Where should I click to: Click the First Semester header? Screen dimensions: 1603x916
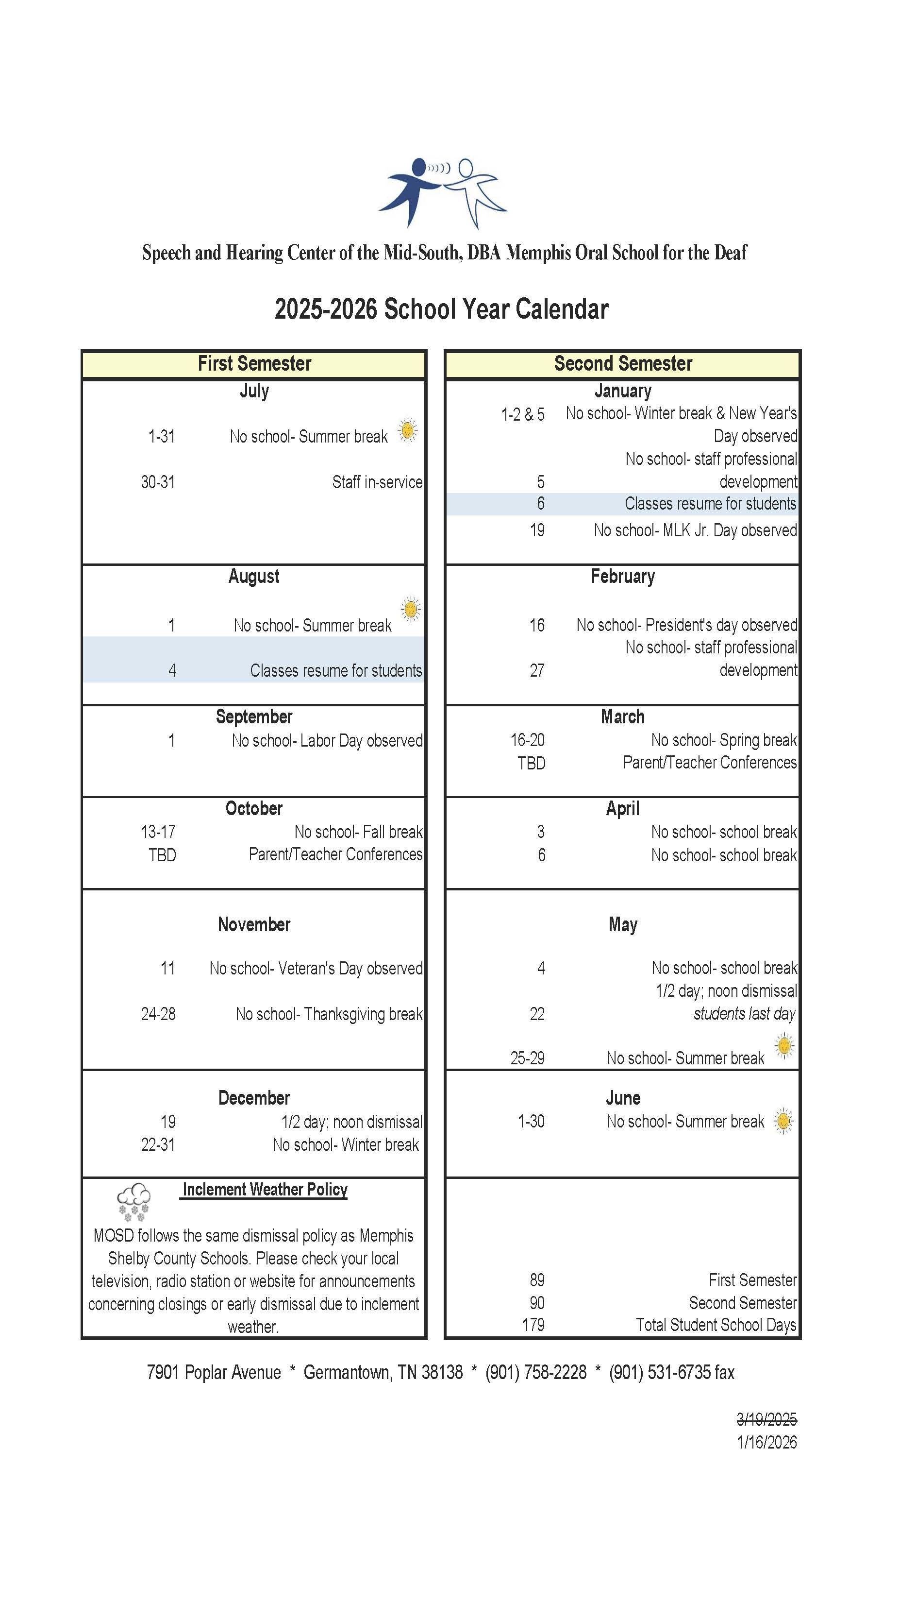(x=254, y=364)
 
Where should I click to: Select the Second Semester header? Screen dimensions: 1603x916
(x=623, y=364)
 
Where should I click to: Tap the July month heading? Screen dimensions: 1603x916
(x=254, y=391)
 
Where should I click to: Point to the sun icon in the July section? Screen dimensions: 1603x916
(x=408, y=430)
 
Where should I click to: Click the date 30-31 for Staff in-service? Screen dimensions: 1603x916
(x=158, y=482)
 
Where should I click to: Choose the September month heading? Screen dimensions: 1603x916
(x=254, y=717)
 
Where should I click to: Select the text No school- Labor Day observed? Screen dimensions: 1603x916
(x=327, y=741)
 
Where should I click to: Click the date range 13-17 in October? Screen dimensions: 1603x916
(x=158, y=832)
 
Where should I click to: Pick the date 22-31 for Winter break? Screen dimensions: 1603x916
(x=158, y=1145)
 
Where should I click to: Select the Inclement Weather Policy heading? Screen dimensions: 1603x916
(x=265, y=1190)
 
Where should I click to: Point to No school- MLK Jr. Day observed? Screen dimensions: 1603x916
(x=695, y=530)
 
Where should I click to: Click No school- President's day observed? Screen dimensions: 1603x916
(x=687, y=625)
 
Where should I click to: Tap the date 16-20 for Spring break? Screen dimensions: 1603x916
(x=527, y=740)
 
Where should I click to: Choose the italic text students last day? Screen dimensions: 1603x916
(x=745, y=1014)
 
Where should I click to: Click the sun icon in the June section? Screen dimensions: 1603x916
(x=783, y=1121)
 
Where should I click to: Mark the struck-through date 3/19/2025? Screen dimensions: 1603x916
(x=766, y=1419)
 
